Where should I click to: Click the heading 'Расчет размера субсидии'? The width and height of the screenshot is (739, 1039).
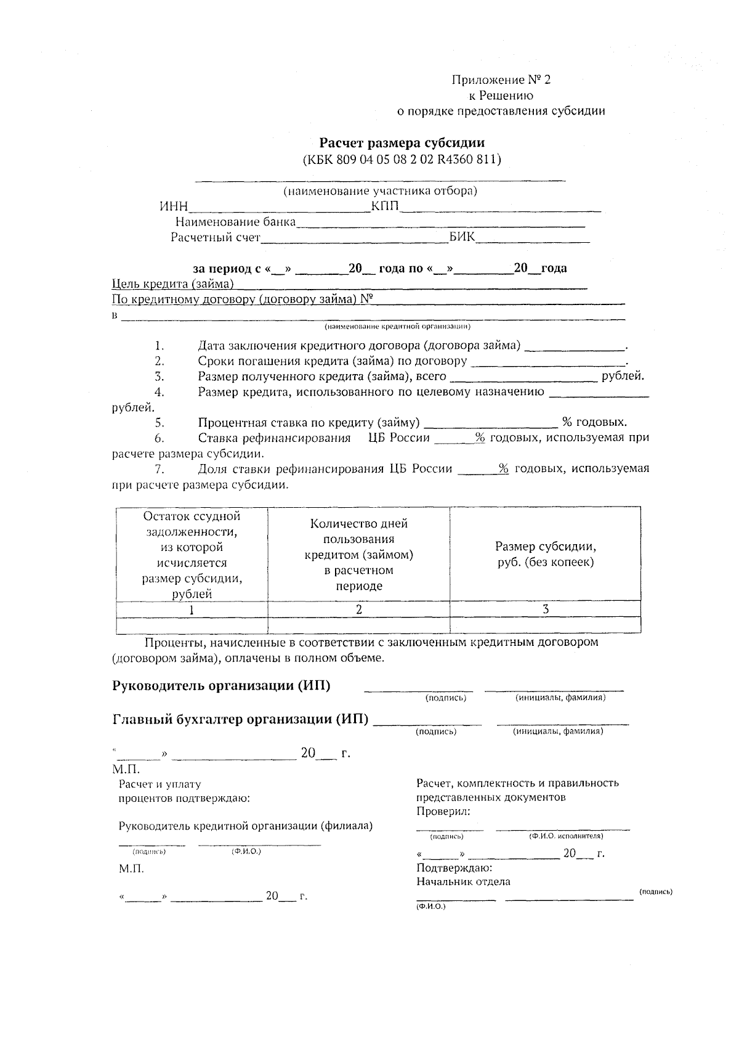click(406, 143)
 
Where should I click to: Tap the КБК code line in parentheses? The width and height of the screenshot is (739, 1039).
click(402, 159)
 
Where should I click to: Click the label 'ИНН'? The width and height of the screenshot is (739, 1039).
click(173, 206)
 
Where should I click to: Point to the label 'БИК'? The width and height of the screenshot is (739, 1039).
click(462, 237)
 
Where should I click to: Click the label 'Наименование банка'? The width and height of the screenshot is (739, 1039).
click(235, 222)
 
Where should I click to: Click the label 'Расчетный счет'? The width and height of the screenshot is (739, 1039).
click(216, 237)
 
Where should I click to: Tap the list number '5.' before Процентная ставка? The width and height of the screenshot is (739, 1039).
click(160, 422)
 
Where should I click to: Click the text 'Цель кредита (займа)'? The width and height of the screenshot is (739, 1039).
click(173, 283)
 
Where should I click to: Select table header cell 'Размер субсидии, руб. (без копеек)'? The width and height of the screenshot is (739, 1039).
click(546, 554)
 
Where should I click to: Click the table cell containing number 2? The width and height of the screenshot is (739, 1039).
click(359, 609)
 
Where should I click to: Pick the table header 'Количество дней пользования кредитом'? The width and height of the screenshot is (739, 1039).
click(359, 554)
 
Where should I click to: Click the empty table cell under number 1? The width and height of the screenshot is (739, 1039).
click(192, 625)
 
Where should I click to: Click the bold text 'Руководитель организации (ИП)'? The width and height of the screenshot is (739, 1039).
click(221, 686)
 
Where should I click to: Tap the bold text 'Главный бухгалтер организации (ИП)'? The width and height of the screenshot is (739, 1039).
click(241, 719)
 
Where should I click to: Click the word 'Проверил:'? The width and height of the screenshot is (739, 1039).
click(443, 811)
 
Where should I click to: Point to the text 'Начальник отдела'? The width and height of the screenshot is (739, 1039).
click(463, 881)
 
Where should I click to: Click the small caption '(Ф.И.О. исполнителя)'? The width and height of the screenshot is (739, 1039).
click(566, 836)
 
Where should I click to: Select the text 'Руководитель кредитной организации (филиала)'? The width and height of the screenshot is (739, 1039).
click(245, 826)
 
